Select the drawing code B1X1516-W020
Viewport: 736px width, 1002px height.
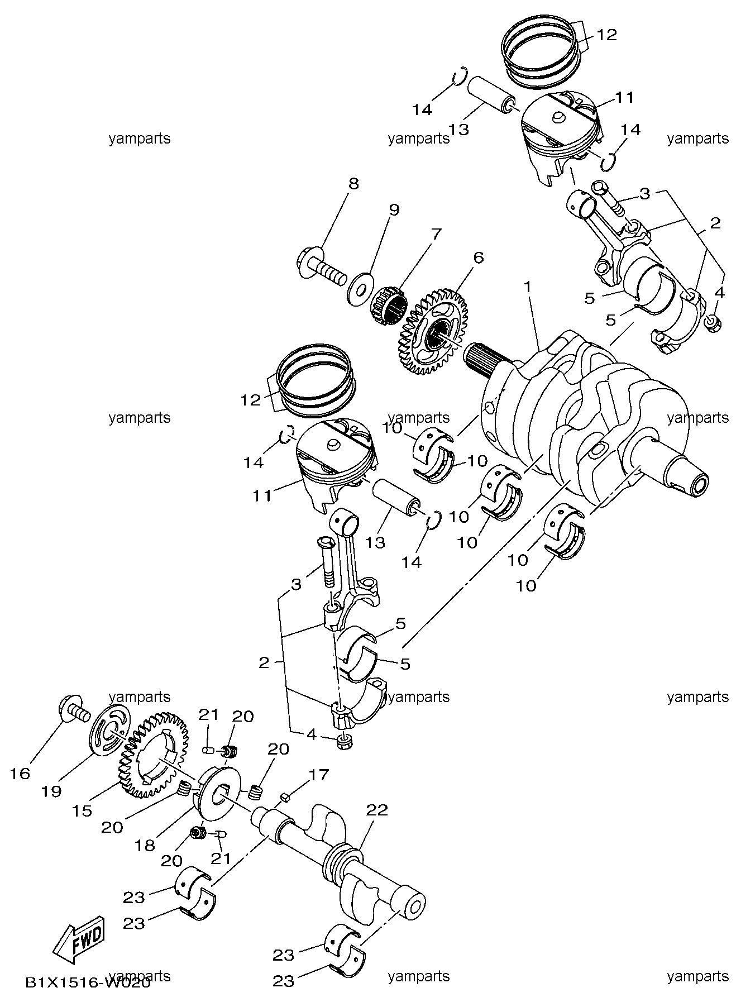87,982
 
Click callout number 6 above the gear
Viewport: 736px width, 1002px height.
478,257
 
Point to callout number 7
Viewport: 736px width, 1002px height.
435,234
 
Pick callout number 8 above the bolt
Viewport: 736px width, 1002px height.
353,184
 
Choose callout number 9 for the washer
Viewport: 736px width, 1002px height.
394,210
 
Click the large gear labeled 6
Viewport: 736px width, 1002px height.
433,332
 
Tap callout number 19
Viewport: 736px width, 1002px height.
51,792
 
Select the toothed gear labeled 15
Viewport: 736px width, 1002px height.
154,754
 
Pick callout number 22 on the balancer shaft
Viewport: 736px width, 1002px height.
377,810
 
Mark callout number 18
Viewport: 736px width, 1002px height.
144,846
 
